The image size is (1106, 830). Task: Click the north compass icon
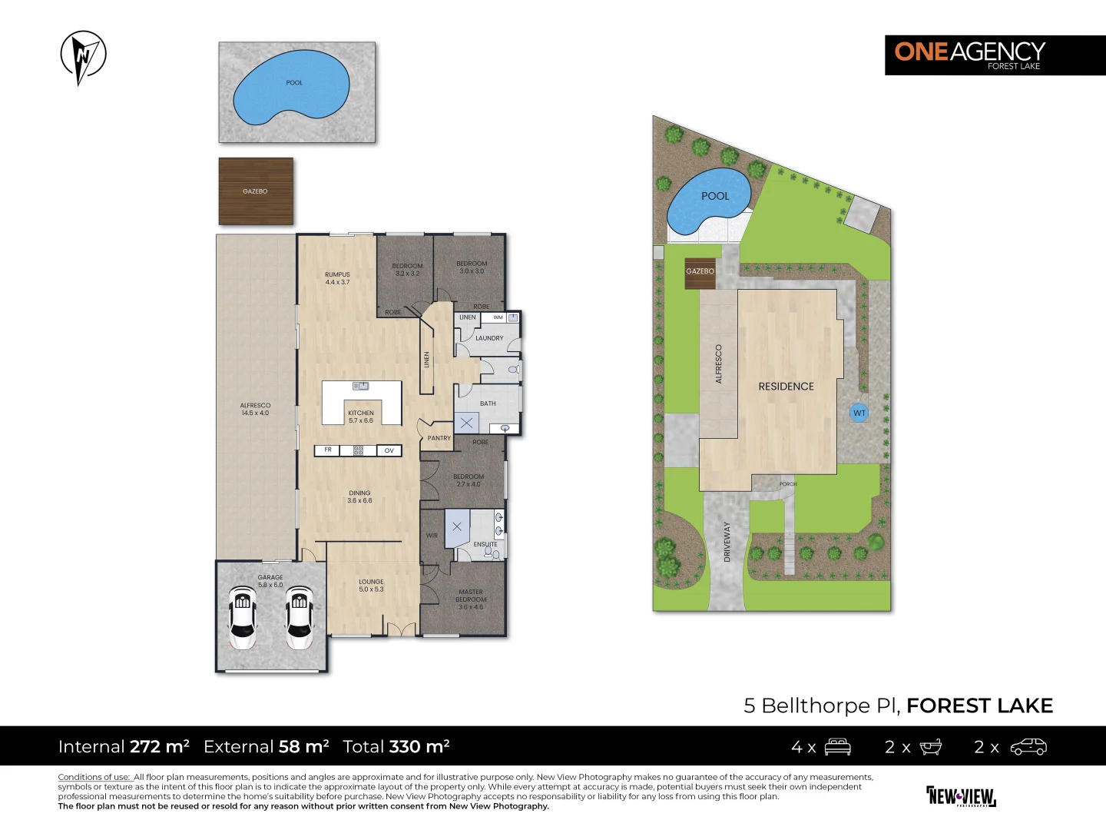pos(83,57)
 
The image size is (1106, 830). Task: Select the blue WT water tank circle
pos(859,413)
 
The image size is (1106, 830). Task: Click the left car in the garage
pos(243,616)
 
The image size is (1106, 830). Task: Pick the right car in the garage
pos(300,616)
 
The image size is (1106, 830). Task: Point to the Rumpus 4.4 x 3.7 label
pos(337,278)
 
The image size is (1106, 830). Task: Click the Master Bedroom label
pos(471,599)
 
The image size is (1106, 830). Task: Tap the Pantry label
pos(439,438)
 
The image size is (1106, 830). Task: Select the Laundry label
pos(489,338)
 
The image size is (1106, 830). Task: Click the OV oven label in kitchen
pos(389,450)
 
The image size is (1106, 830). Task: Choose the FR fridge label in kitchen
pos(328,450)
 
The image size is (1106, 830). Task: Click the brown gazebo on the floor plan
pos(256,191)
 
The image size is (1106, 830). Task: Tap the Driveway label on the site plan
pos(727,542)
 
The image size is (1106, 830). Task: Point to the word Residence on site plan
pos(786,387)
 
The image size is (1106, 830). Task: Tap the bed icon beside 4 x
pos(837,747)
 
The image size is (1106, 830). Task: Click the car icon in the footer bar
pos(1028,747)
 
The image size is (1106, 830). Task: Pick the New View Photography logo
pos(961,796)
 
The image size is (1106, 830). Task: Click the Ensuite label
pos(485,544)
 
